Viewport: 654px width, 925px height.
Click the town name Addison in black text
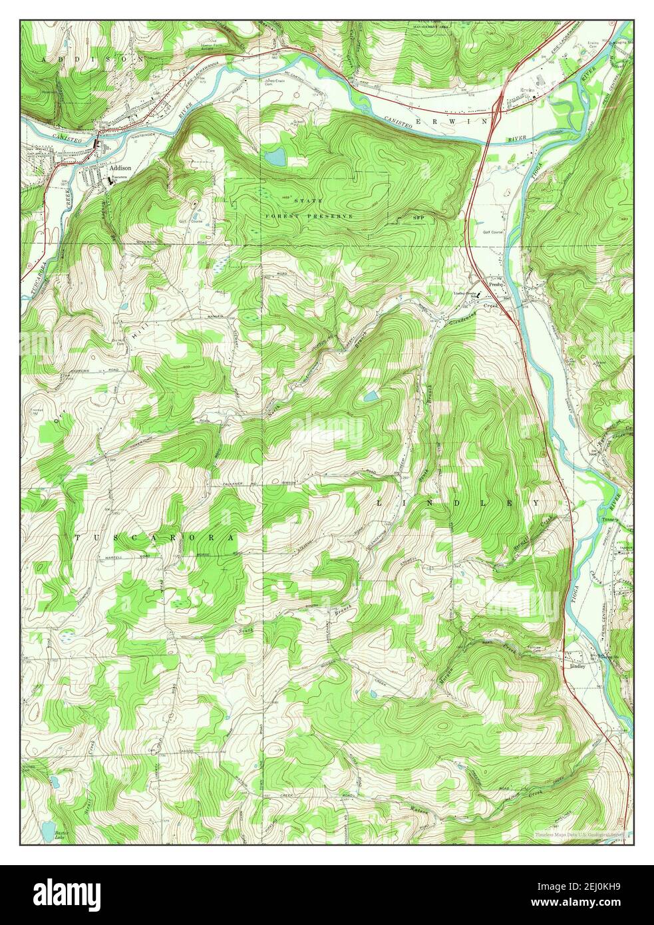click(x=120, y=169)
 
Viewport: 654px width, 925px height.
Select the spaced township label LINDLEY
click(x=459, y=503)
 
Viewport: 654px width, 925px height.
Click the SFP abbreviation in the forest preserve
click(x=418, y=217)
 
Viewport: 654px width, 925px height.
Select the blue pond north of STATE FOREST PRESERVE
click(x=275, y=158)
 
